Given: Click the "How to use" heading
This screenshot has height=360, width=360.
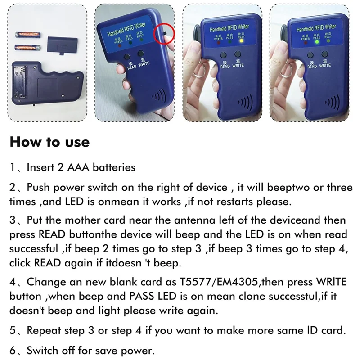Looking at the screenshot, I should (x=49, y=142).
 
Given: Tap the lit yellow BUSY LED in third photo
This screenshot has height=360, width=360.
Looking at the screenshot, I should (x=242, y=41).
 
